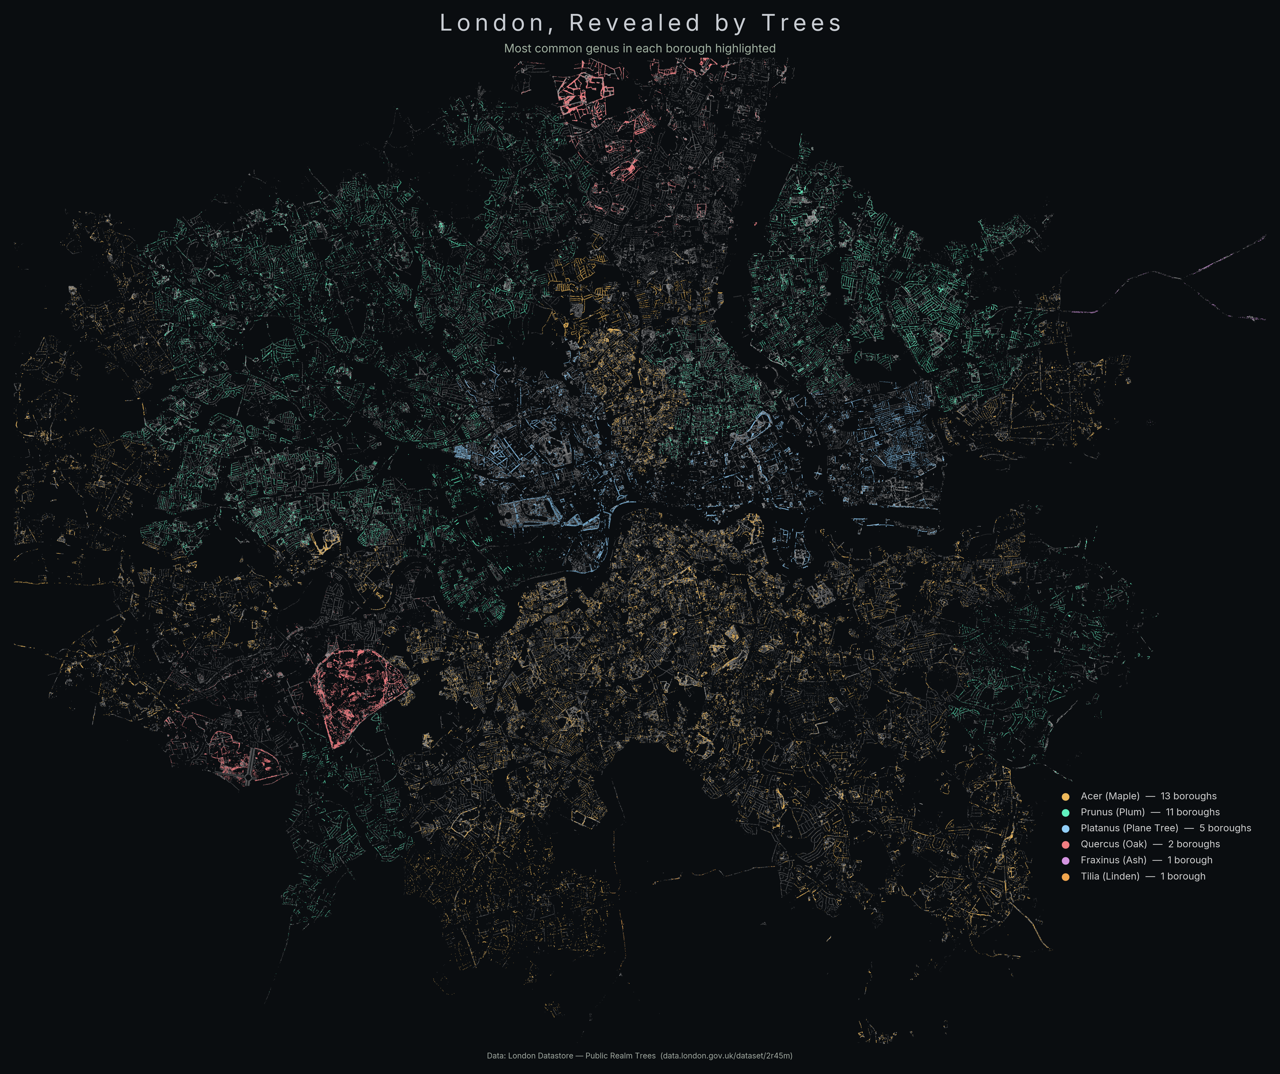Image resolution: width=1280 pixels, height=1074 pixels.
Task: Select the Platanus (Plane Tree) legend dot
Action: [1066, 829]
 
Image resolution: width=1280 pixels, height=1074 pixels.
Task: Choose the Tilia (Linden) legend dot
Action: [1066, 877]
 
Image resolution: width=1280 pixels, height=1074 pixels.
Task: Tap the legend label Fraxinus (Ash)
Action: [1113, 860]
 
